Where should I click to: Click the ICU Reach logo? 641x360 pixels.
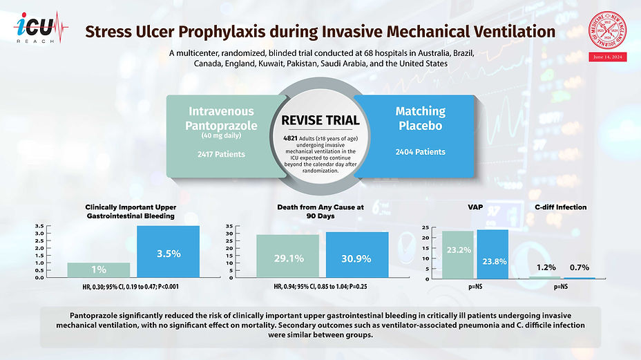[41, 30]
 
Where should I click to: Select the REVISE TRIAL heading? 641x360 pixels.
[320, 120]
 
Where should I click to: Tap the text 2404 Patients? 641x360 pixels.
[419, 152]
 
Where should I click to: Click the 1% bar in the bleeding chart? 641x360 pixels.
[99, 269]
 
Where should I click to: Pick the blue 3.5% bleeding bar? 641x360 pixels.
[168, 252]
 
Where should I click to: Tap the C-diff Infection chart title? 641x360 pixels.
[560, 207]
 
